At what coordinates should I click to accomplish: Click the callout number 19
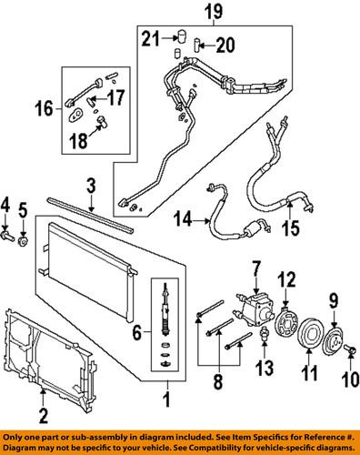213,12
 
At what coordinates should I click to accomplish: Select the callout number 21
151,37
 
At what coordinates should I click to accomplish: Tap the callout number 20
224,43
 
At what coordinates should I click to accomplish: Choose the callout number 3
91,188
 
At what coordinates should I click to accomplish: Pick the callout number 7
257,268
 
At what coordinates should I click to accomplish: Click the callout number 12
288,279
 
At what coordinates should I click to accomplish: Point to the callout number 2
42,418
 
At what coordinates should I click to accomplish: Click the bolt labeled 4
10,239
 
